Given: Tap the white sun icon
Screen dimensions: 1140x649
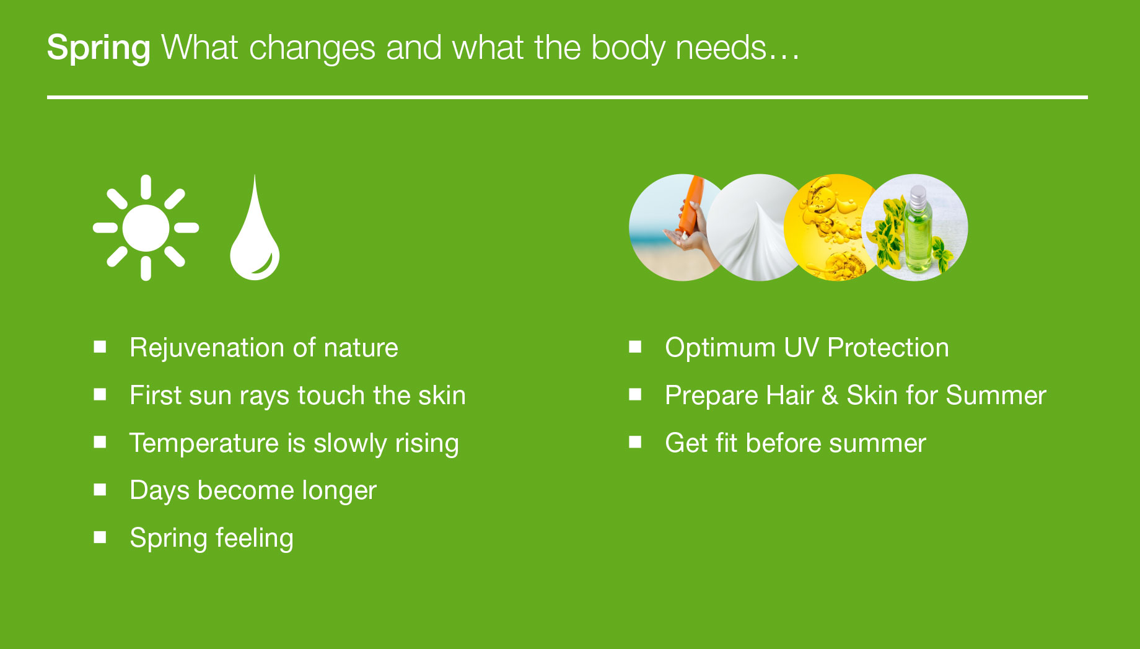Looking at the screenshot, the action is [146, 227].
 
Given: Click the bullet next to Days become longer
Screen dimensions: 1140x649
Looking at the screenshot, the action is [100, 490].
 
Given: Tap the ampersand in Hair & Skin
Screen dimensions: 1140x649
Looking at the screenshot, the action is [830, 395].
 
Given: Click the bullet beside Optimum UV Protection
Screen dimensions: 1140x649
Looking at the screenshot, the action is [635, 347].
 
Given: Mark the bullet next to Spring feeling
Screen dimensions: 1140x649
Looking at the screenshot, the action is [100, 537].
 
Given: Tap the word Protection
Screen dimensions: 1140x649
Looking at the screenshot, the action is [888, 348].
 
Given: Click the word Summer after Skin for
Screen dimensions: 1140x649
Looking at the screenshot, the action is [996, 395].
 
